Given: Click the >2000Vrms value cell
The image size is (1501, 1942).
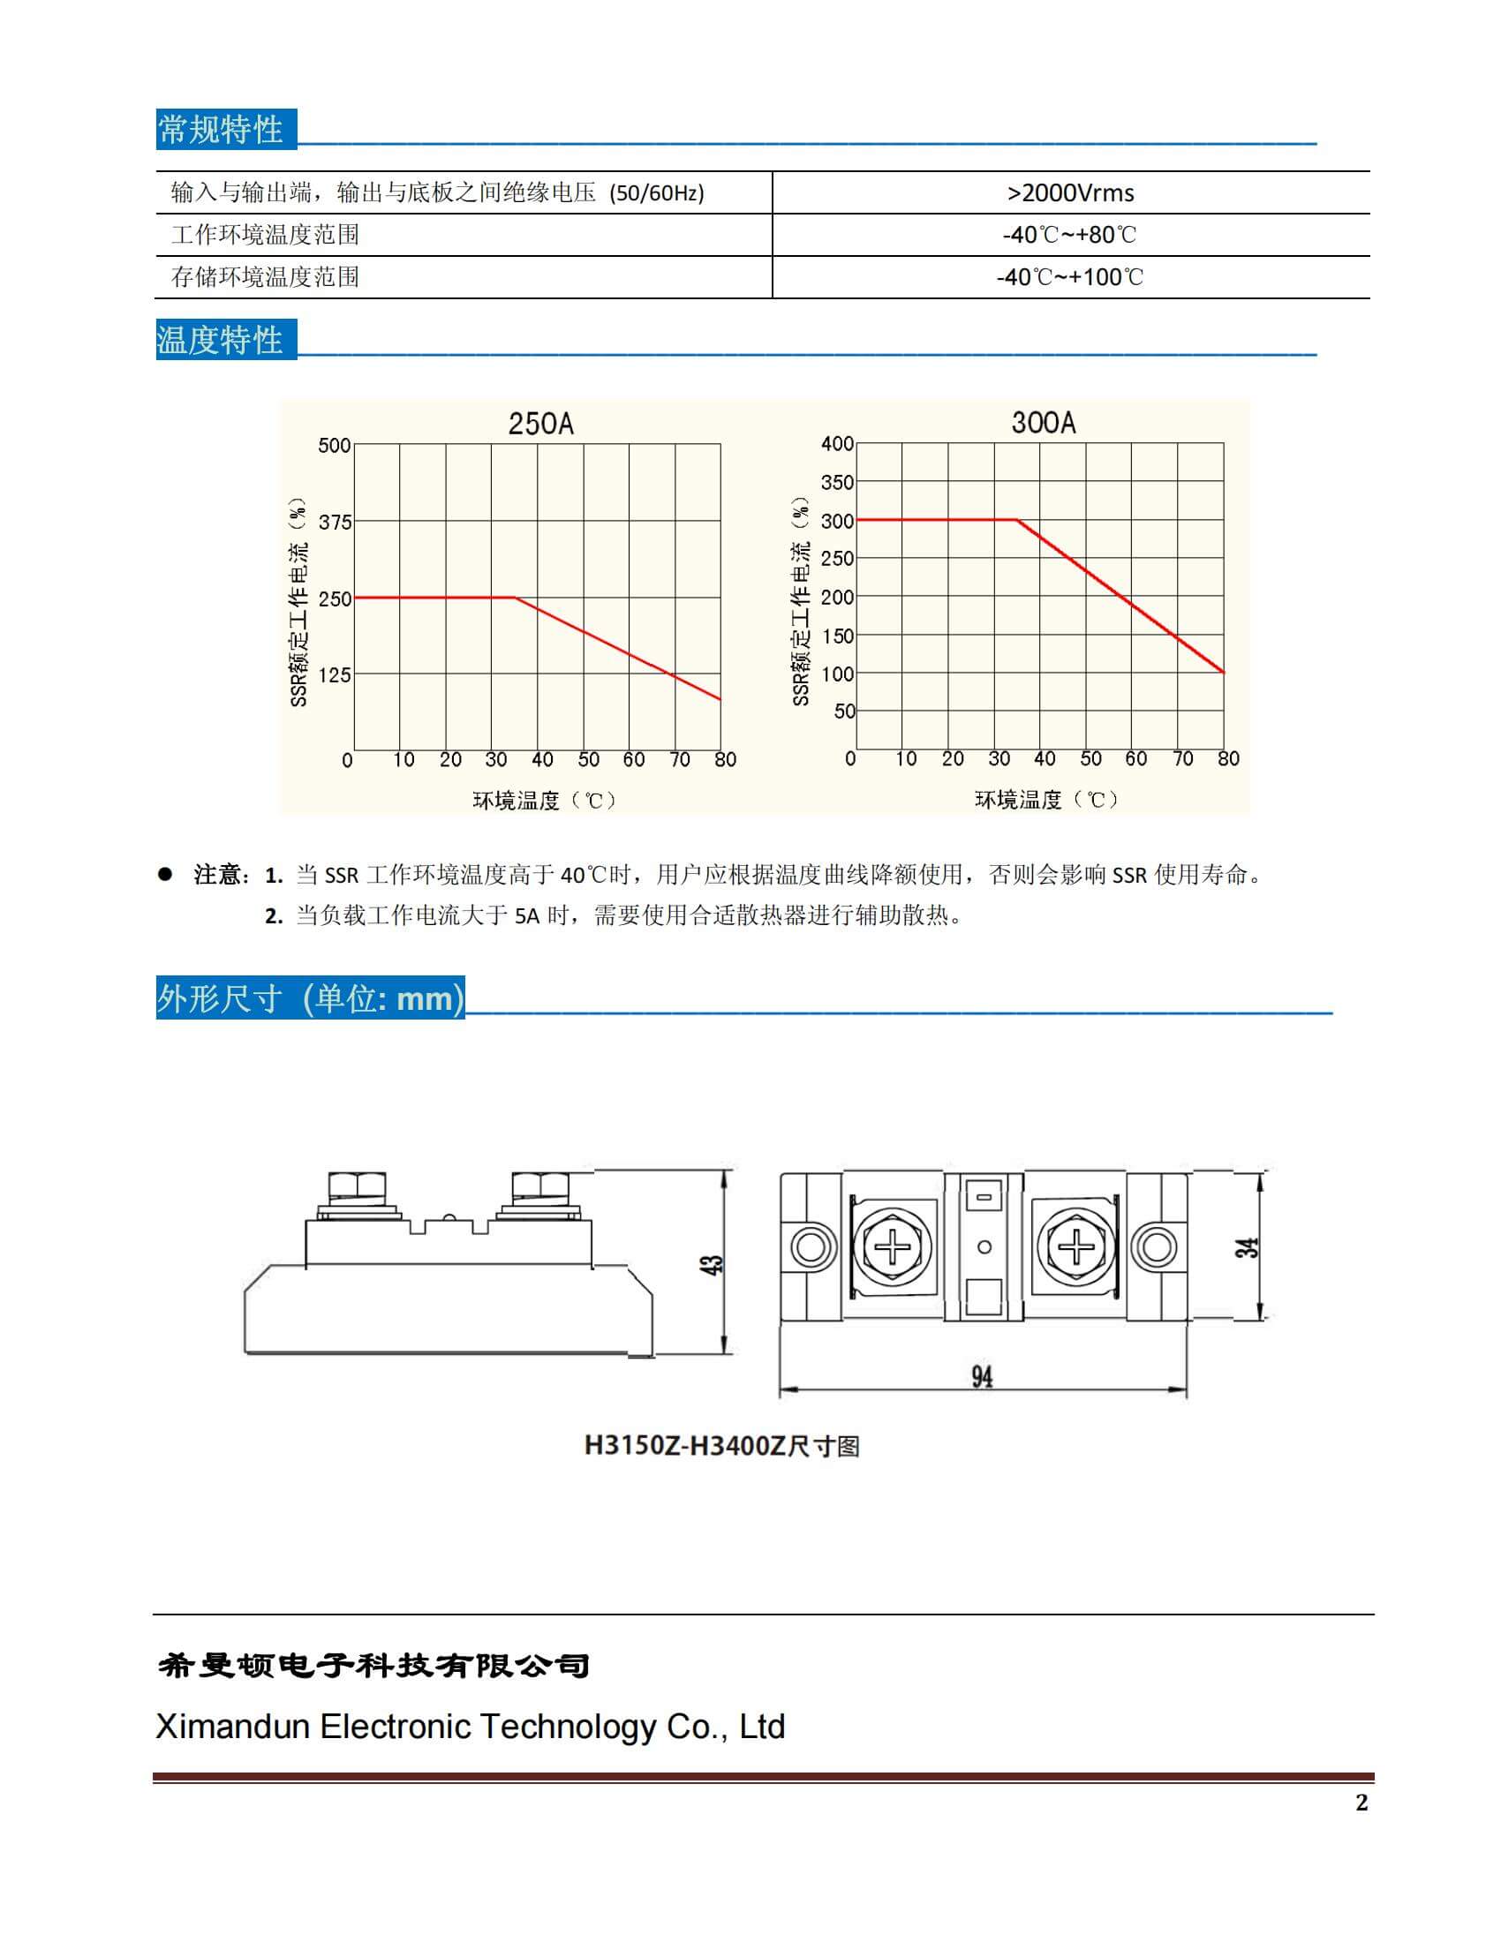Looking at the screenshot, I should [1070, 193].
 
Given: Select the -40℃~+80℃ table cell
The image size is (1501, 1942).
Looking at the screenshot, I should [1070, 235].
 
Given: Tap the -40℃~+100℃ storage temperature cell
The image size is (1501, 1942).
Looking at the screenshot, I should [1070, 277].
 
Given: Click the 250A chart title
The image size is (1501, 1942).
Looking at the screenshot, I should [540, 424].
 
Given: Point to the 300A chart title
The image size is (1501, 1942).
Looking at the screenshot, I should [1043, 422].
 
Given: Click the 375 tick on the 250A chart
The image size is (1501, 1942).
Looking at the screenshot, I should [336, 523].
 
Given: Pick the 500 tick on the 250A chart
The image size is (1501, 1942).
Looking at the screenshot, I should [335, 446].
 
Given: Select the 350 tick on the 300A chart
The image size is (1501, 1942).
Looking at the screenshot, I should [837, 483].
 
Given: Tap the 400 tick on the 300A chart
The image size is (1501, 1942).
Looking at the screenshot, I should [837, 444].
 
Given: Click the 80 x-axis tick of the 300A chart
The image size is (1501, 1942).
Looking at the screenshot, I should [1228, 759].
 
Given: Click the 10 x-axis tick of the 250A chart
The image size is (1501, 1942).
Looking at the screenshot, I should [404, 760].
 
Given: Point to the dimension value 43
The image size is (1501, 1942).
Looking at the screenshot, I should [713, 1264].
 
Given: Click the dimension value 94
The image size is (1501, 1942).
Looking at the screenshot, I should [982, 1377].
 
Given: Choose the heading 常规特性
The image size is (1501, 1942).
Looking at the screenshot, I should [221, 130].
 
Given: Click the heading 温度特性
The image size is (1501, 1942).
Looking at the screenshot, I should [221, 340].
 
